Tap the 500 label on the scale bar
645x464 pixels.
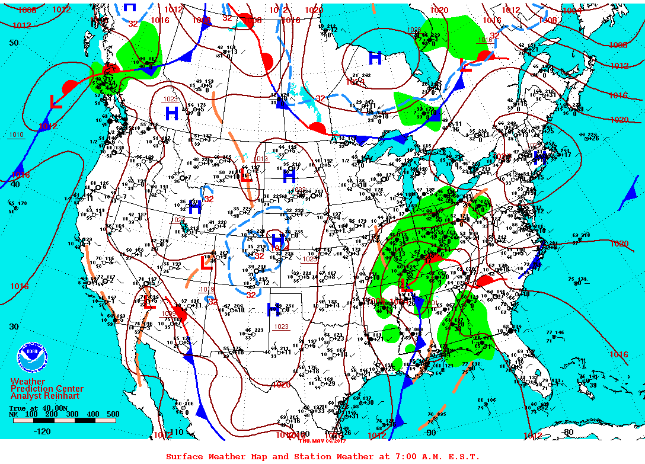point(112,414)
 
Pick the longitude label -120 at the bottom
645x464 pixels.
point(42,431)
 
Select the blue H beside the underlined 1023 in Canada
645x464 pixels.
point(171,113)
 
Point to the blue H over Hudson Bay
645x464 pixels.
point(375,58)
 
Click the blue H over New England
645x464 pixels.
point(539,158)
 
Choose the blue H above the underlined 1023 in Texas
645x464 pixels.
point(273,308)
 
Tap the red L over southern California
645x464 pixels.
point(150,303)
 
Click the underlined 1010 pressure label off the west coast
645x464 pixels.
point(17,135)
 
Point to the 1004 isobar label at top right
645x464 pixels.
point(572,10)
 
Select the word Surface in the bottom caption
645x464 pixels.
point(183,456)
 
